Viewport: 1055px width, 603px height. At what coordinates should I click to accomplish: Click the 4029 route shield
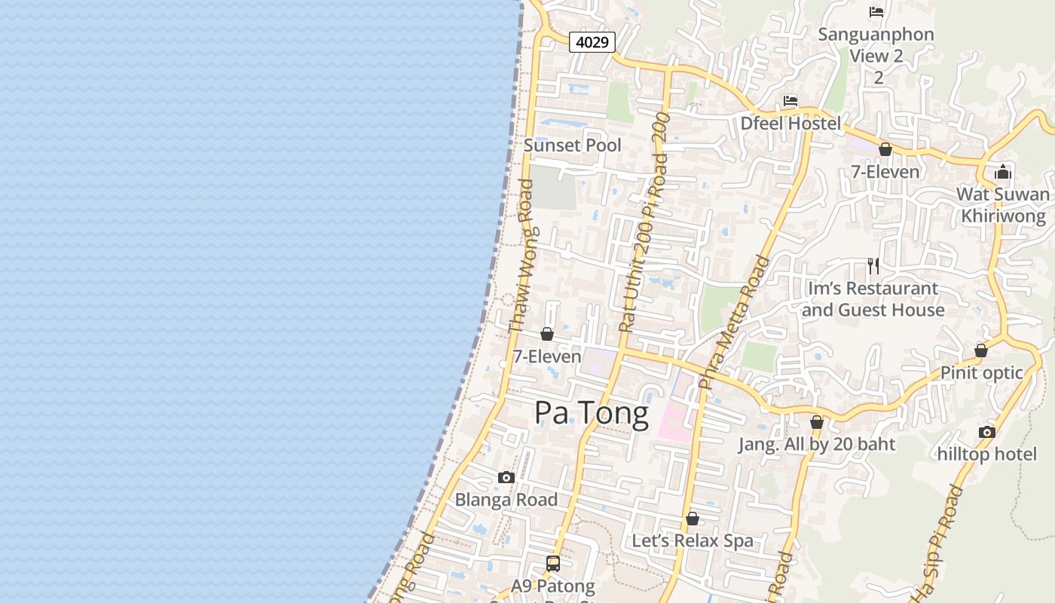click(x=592, y=42)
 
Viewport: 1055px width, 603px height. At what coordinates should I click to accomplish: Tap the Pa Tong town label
click(x=592, y=414)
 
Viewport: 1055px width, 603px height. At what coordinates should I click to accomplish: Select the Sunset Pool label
click(x=573, y=145)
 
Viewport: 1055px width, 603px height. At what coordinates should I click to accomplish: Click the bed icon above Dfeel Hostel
click(x=790, y=101)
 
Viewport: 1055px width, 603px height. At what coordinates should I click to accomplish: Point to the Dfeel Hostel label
click(x=790, y=123)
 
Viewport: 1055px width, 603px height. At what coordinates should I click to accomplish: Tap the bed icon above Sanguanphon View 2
click(x=876, y=12)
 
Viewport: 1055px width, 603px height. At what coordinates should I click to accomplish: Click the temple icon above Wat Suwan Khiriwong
click(x=1002, y=173)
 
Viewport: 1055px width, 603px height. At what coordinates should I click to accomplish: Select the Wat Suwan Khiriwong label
click(x=1002, y=205)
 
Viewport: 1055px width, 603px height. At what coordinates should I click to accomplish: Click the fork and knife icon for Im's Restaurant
click(x=873, y=266)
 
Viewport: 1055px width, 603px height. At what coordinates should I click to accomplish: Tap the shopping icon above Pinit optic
click(x=980, y=350)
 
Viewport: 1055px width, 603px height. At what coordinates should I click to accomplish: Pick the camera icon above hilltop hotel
click(x=986, y=432)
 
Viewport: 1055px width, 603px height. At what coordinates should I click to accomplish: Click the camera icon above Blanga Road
click(x=506, y=478)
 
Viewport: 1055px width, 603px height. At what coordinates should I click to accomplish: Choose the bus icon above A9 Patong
click(x=553, y=563)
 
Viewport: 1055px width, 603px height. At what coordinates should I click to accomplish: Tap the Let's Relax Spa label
click(x=693, y=540)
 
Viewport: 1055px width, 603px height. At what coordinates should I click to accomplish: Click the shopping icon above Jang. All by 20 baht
click(x=816, y=422)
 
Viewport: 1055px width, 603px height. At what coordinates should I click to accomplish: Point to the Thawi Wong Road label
click(x=521, y=266)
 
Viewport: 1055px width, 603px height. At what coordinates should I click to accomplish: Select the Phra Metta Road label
click(x=735, y=322)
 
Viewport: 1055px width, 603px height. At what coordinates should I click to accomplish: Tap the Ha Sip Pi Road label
click(x=937, y=544)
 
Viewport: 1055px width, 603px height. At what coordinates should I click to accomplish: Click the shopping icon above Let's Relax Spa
click(x=693, y=519)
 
